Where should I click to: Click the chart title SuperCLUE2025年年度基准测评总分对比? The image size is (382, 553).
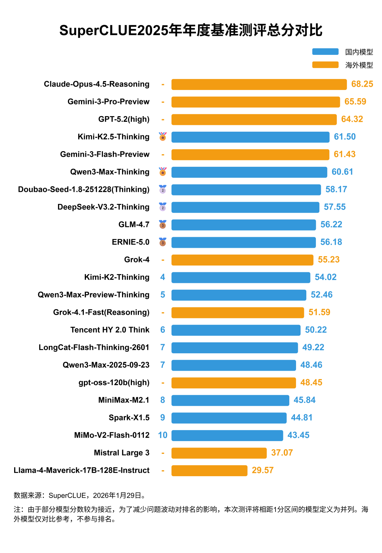[191, 30]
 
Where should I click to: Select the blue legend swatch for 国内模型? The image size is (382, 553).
[325, 52]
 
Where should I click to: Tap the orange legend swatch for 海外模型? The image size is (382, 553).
[325, 65]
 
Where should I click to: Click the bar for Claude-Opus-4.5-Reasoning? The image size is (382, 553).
[259, 84]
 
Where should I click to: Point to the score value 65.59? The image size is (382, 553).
[355, 102]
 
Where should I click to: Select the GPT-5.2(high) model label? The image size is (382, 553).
[124, 119]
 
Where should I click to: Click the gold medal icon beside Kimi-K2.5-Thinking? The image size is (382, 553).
[163, 137]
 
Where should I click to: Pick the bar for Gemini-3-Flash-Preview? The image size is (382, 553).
[250, 154]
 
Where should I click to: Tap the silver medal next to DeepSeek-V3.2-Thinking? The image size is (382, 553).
[163, 207]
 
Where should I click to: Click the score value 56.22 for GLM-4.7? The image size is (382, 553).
[331, 224]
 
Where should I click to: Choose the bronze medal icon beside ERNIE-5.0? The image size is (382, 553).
[163, 242]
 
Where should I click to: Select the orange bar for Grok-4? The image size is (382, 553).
[242, 260]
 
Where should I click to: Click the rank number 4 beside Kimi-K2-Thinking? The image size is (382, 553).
[163, 277]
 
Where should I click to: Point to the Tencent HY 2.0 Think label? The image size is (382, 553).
[110, 330]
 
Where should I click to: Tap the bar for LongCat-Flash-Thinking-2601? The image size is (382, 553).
[235, 348]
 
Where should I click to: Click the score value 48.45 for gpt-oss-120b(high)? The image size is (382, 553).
[311, 383]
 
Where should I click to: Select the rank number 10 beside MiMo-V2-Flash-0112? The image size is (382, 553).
[163, 435]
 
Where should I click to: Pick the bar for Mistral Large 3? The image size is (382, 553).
[219, 453]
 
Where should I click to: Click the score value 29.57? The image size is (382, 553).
[262, 471]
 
